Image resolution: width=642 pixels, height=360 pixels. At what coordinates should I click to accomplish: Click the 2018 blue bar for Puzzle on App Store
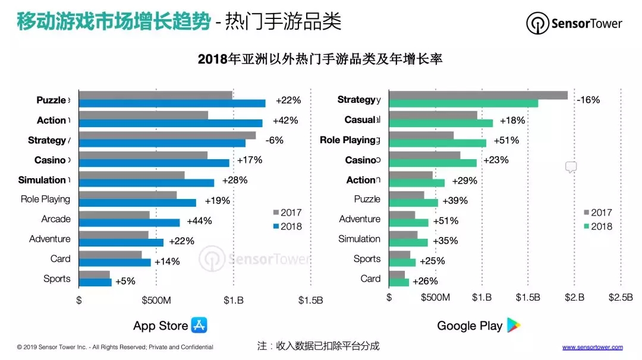coord(172,103)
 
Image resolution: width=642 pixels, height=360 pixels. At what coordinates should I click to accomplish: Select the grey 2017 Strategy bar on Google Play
coord(478,95)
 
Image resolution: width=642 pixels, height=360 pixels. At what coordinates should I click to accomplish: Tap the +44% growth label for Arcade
coord(199,221)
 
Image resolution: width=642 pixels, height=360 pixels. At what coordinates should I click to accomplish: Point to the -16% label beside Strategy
coord(588,100)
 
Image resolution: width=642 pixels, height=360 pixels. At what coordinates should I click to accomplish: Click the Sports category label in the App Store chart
coord(57,279)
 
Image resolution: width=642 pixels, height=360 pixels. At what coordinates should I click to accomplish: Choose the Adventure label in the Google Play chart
coord(360,219)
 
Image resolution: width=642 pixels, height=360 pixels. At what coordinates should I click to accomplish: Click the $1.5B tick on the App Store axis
coord(310,300)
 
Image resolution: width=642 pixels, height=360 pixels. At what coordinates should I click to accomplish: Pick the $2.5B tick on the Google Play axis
coord(621,298)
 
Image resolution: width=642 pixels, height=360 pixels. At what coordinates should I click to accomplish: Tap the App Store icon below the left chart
coord(199,325)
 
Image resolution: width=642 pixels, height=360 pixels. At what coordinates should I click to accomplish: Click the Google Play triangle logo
coord(513,325)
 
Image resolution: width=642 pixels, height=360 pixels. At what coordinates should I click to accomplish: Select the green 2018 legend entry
coord(597,226)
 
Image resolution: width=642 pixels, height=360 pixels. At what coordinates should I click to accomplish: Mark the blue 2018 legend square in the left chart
coord(276,226)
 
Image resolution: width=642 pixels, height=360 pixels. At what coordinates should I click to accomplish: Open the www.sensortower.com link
coord(592,347)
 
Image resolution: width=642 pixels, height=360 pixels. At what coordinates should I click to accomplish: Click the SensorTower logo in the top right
coord(574,24)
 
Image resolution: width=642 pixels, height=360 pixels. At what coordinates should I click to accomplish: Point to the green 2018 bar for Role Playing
coord(438,143)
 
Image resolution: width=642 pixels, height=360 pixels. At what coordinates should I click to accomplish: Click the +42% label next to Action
coord(285,121)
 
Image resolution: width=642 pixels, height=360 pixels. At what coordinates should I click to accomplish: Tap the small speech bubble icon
coord(571,167)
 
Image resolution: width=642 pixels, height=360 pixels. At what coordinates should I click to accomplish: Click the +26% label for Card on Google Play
coord(425,281)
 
